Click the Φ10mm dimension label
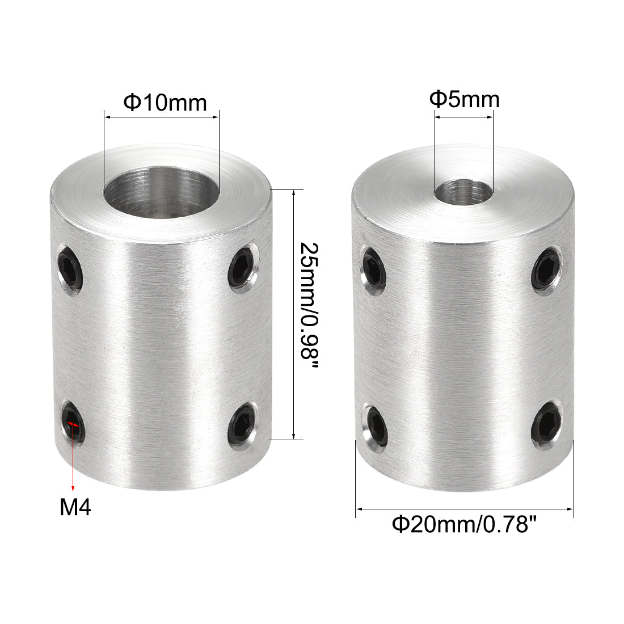tap(165, 103)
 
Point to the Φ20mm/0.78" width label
tap(464, 524)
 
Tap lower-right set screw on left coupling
tap(243, 422)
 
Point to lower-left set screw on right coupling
tap(374, 425)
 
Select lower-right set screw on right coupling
tap(547, 422)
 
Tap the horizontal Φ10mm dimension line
tap(161, 117)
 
